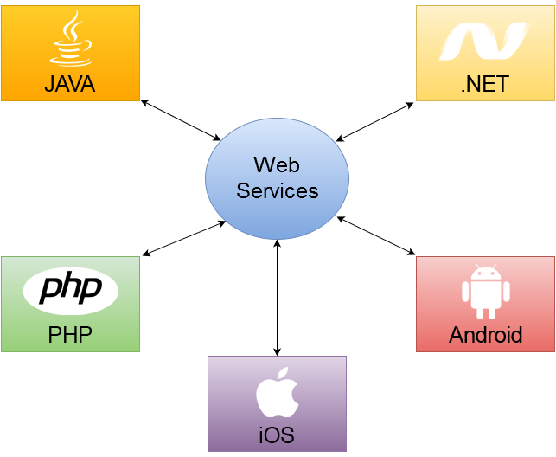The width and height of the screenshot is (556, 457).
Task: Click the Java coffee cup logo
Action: pyautogui.click(x=71, y=38)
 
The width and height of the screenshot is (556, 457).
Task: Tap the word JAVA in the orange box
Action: pyautogui.click(x=70, y=84)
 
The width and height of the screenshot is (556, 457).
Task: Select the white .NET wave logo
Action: pyautogui.click(x=484, y=42)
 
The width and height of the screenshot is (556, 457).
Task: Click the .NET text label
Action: pyautogui.click(x=485, y=84)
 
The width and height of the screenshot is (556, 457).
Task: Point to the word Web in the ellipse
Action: pyautogui.click(x=277, y=164)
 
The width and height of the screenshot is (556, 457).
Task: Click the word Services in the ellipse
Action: pyautogui.click(x=278, y=191)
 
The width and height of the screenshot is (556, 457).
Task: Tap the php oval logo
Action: pyautogui.click(x=71, y=291)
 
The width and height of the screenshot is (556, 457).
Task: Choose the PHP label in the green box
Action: pyautogui.click(x=70, y=335)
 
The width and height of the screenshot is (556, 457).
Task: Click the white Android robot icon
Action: pyautogui.click(x=486, y=292)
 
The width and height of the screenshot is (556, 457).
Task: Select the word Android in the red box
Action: pyautogui.click(x=485, y=335)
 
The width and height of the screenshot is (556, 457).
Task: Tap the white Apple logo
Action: pyautogui.click(x=278, y=392)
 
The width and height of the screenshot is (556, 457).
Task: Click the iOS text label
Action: pyautogui.click(x=277, y=435)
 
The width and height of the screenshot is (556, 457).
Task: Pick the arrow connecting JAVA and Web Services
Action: pyautogui.click(x=181, y=120)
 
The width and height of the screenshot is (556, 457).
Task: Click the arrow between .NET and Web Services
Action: pyautogui.click(x=374, y=122)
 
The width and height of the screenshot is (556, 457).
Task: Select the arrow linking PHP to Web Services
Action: pyautogui.click(x=184, y=238)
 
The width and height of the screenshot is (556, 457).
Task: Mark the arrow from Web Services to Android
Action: pyautogui.click(x=376, y=236)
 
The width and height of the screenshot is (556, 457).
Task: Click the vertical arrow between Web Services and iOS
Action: pyautogui.click(x=278, y=298)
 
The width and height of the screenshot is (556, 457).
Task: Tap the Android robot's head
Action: pyautogui.click(x=486, y=272)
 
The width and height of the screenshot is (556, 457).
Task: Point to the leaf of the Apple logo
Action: pyautogui.click(x=282, y=373)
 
